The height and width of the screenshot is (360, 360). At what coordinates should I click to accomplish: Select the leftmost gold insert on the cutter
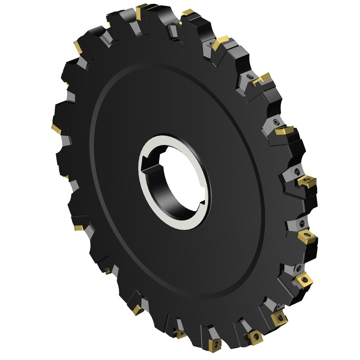tap(56, 127)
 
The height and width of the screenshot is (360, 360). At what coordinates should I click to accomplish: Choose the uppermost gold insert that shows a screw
tap(306, 182)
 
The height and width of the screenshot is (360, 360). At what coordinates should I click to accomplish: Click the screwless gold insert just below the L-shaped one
tap(284, 132)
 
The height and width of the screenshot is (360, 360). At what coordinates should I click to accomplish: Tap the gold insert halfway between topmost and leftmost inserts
tap(78, 46)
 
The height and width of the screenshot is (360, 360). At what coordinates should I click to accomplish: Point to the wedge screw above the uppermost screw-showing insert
tap(298, 171)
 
